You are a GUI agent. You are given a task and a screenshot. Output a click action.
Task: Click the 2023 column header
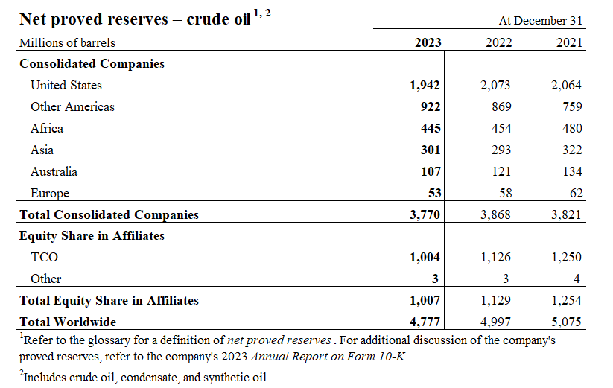tap(428, 42)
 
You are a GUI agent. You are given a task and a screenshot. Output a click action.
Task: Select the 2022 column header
tap(498, 42)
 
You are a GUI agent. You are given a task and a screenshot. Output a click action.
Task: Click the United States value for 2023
tap(425, 85)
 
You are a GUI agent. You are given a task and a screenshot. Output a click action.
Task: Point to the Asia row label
tap(42, 150)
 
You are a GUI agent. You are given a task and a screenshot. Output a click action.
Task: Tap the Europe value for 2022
tap(503, 193)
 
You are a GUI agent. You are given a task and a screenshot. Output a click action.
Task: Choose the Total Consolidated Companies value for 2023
tap(425, 214)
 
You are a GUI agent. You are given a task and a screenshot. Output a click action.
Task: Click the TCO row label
tap(44, 257)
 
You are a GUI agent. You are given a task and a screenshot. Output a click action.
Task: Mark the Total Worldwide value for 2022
tap(495, 322)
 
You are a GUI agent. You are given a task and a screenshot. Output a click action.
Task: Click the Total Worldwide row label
tap(68, 322)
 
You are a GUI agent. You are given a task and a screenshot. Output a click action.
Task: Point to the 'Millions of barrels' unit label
tap(67, 42)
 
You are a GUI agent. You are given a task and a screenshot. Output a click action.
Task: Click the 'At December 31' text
tap(547, 21)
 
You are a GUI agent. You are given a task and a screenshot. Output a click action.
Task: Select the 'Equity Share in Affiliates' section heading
tap(92, 235)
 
